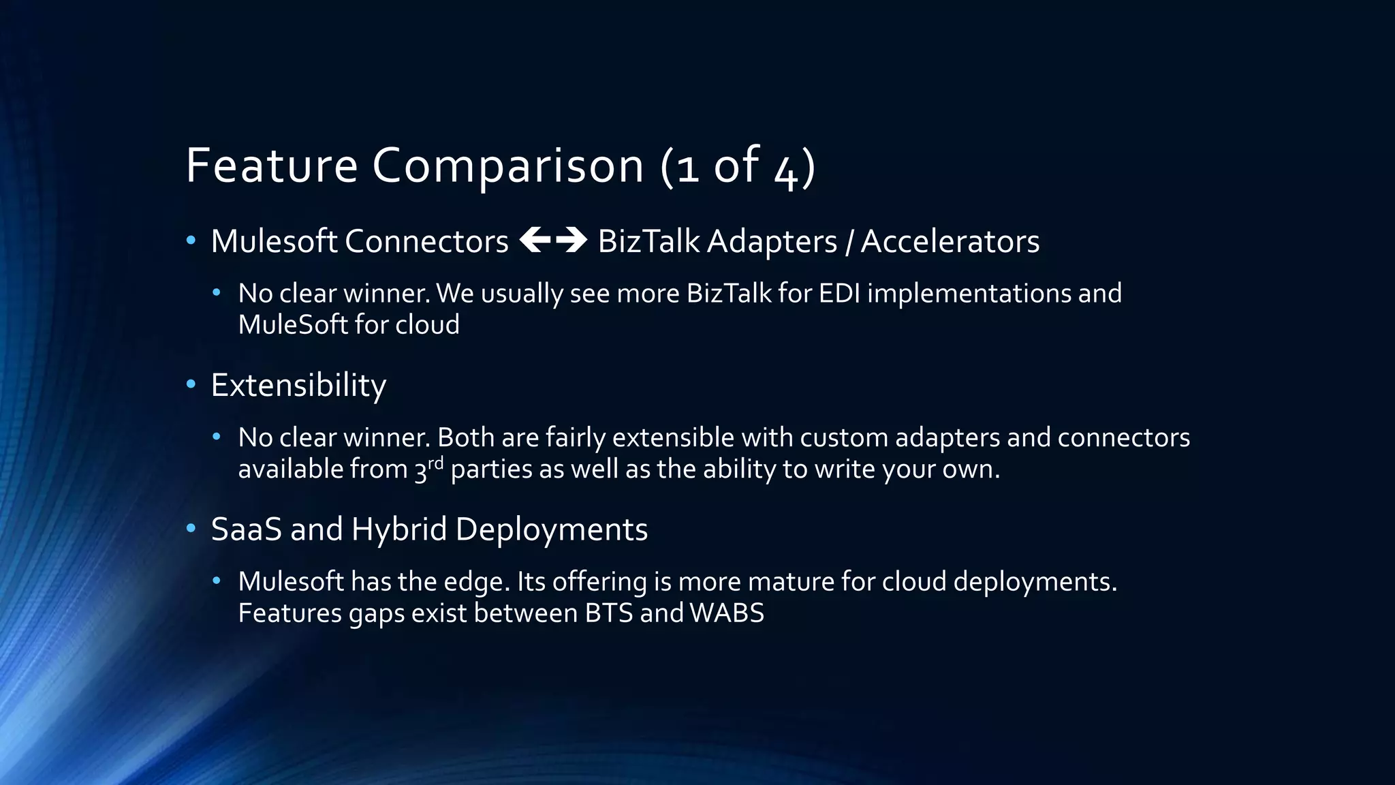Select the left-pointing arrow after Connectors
click(535, 240)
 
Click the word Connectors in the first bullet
click(426, 241)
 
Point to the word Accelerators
click(950, 241)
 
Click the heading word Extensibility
click(298, 386)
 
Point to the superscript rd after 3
click(436, 463)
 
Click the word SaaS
click(246, 529)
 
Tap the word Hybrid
click(398, 529)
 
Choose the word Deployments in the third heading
click(552, 529)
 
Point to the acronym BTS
click(609, 613)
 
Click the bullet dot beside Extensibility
click(191, 384)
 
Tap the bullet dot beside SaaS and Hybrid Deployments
click(191, 528)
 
